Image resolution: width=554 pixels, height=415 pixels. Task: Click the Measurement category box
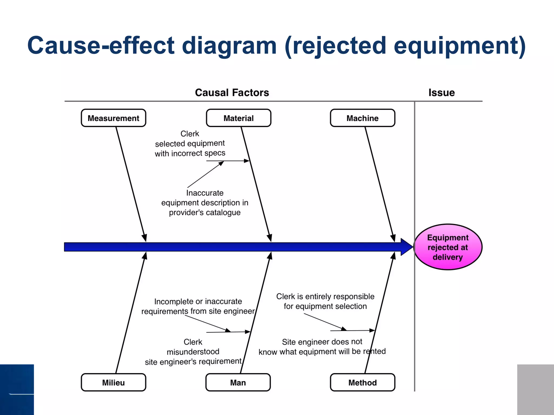coord(113,118)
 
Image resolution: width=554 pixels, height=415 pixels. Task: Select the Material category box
coord(238,118)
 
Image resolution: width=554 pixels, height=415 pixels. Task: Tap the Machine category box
coord(362,118)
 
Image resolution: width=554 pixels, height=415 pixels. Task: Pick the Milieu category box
coord(113,383)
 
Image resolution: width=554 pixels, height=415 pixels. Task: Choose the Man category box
coord(238,383)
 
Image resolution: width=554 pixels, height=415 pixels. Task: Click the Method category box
coord(362,383)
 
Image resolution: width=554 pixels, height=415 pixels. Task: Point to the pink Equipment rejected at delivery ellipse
coord(448,247)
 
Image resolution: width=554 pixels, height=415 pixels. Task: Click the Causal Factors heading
coord(232,93)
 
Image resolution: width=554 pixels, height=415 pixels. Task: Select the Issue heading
coord(441,93)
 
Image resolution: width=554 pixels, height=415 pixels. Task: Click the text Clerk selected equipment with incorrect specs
coord(190,143)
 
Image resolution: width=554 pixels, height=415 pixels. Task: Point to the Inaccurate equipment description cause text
coord(205,203)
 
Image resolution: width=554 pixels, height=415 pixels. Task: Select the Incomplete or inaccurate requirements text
coord(198,306)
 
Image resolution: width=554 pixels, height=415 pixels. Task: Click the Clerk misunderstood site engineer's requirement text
coord(193,352)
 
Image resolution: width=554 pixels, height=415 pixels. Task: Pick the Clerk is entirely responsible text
coord(325,301)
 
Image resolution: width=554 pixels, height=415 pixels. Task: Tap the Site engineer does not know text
coord(322,347)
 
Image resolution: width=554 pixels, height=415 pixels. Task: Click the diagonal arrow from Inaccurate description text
coord(206,174)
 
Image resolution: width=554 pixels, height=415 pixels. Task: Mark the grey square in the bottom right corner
coord(535,389)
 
